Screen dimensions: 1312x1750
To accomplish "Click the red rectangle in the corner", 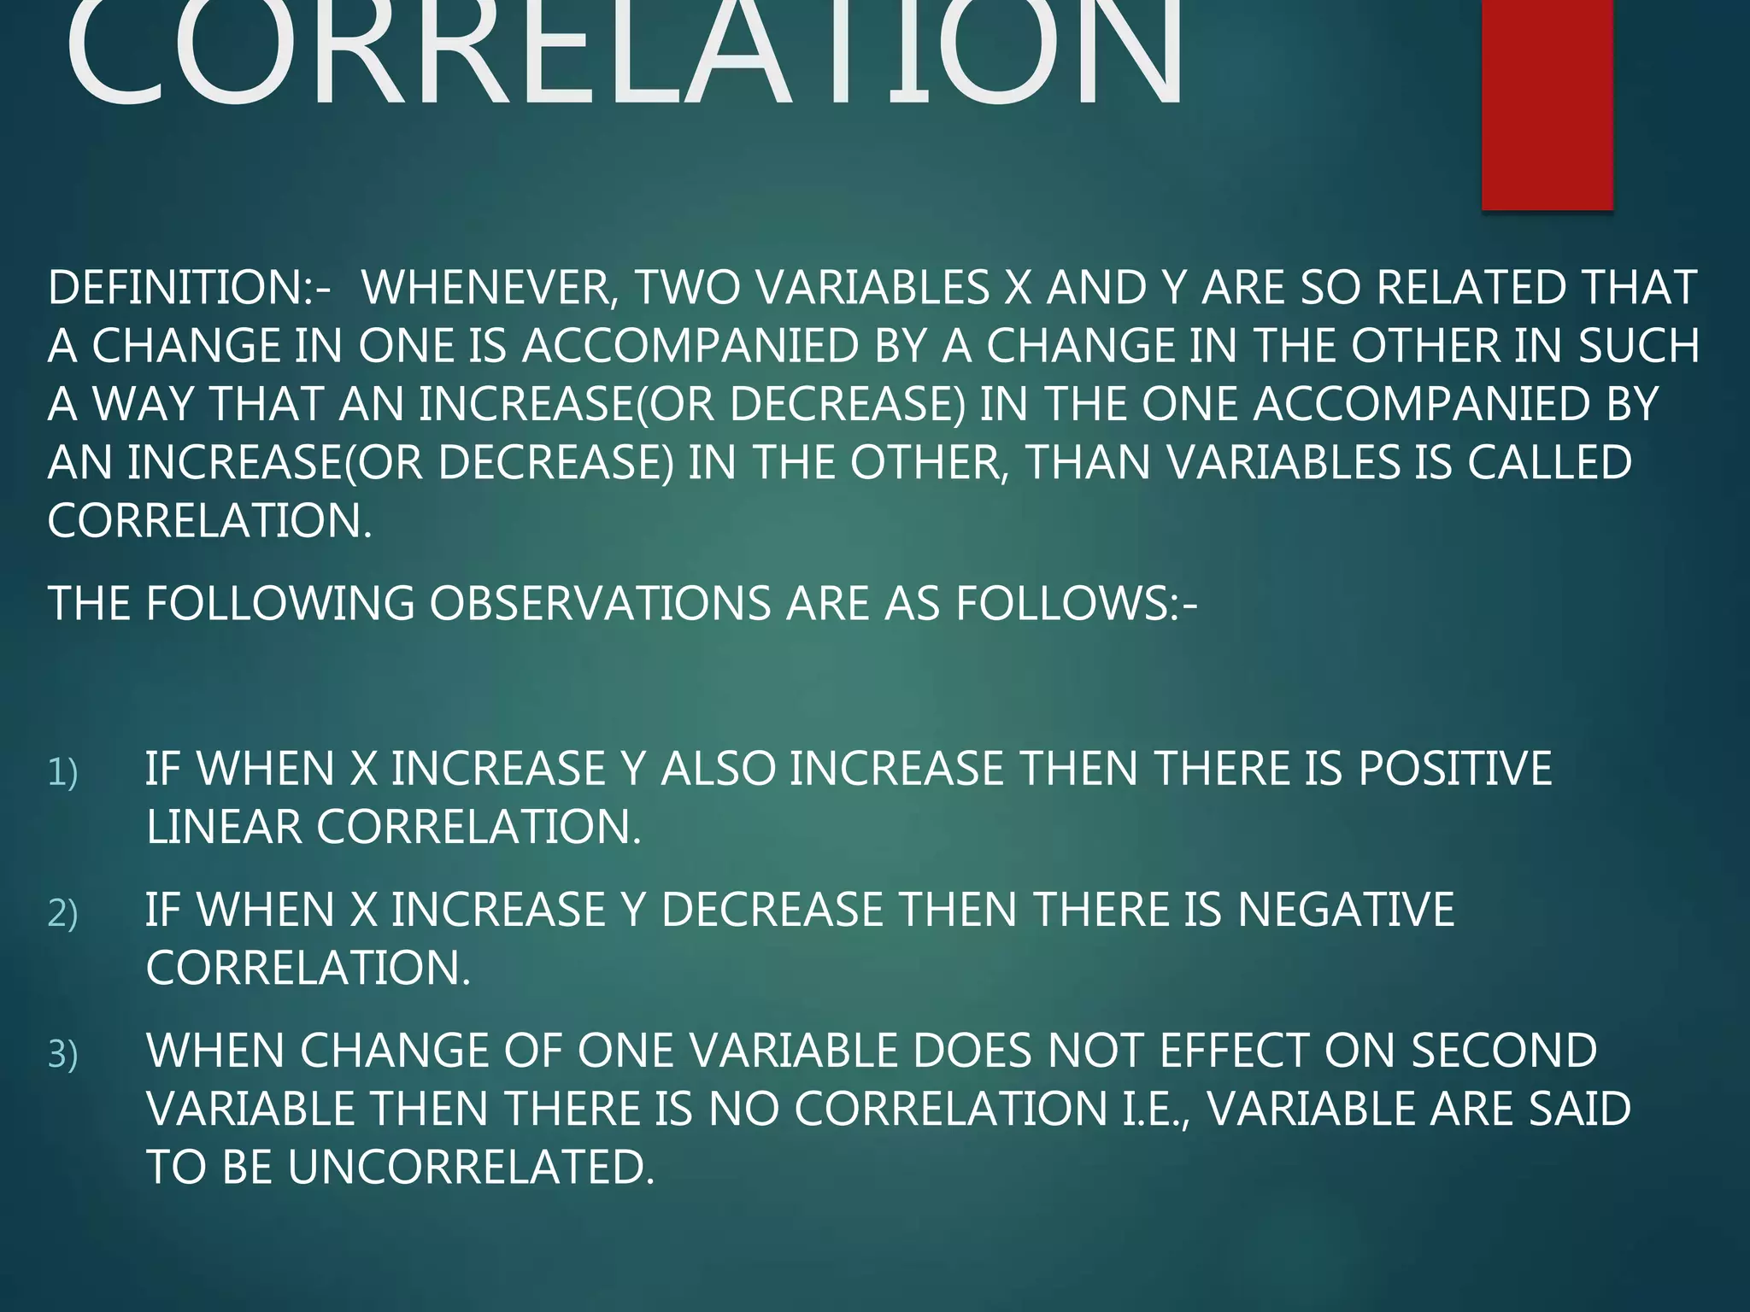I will pyautogui.click(x=1547, y=102).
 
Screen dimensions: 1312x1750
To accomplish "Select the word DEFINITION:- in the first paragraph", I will pyautogui.click(x=189, y=288).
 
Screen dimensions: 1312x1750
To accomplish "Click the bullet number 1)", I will pyautogui.click(x=63, y=772).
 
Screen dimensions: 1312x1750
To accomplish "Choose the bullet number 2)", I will pyautogui.click(x=63, y=913).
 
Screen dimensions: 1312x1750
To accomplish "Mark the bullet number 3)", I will pyautogui.click(x=63, y=1054).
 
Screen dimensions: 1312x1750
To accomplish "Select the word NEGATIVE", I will pyautogui.click(x=1346, y=909).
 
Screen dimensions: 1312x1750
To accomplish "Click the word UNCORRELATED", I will pyautogui.click(x=471, y=1167).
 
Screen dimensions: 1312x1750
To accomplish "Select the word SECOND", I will pyautogui.click(x=1504, y=1051).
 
